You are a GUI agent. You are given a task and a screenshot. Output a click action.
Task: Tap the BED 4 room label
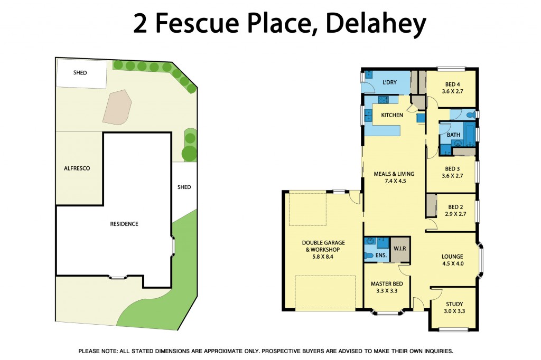click(x=452, y=84)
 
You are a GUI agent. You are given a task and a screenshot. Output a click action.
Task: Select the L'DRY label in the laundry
click(x=389, y=82)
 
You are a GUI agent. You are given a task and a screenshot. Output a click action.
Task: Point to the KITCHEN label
click(x=392, y=115)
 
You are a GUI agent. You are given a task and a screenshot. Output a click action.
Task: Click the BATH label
click(x=453, y=135)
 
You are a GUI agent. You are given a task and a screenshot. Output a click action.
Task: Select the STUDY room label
click(x=454, y=304)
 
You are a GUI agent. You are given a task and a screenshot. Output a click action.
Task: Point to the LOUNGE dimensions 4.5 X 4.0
click(x=452, y=264)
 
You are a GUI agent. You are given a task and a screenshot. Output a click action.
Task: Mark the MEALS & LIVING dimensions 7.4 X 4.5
click(x=394, y=181)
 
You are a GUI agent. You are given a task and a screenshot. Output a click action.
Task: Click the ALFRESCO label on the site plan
click(x=77, y=168)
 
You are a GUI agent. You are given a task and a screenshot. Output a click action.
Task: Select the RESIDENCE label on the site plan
click(x=124, y=224)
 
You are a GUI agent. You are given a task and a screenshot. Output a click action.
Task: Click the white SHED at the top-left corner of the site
click(x=81, y=73)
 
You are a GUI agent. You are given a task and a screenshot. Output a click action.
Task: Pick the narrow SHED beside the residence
click(x=184, y=187)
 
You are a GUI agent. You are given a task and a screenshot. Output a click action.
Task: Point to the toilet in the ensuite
click(x=368, y=256)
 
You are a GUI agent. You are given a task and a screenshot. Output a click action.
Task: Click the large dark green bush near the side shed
click(x=189, y=154)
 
